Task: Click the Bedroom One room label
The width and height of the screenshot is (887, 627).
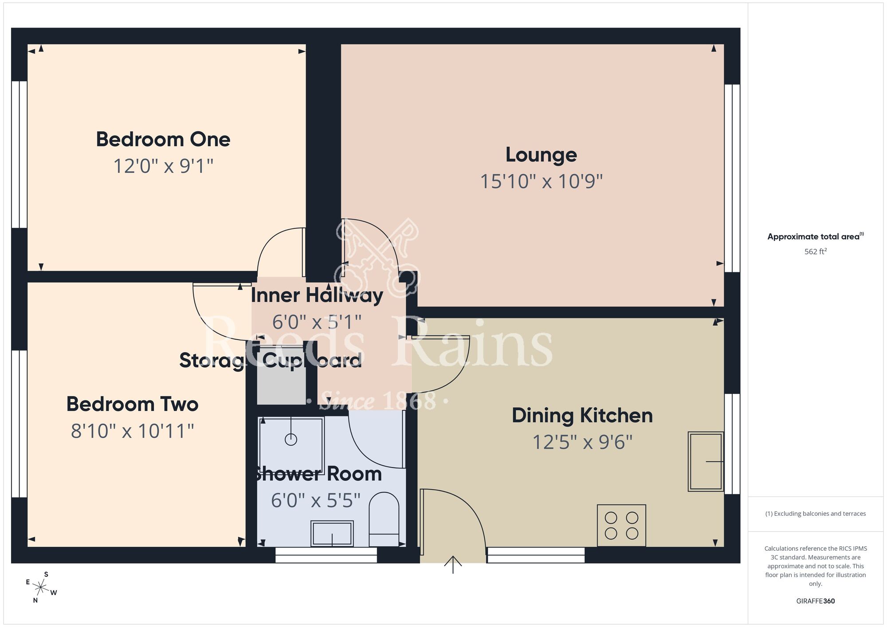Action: [163, 140]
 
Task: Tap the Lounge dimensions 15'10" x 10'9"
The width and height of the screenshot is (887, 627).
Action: [541, 181]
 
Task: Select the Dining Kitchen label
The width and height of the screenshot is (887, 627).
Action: [582, 416]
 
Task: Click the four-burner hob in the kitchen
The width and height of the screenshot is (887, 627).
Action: [621, 525]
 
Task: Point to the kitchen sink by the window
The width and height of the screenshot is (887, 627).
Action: [705, 461]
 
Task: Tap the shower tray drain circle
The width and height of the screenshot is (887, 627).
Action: [291, 439]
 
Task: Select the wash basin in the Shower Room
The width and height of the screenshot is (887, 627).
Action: [332, 533]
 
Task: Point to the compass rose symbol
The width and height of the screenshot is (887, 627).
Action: [41, 588]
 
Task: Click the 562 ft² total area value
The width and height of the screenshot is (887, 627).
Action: [815, 251]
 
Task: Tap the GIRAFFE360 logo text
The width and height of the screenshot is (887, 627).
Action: [815, 601]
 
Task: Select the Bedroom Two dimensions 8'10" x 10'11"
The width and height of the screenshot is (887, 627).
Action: [132, 431]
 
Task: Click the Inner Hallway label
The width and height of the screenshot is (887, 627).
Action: [317, 295]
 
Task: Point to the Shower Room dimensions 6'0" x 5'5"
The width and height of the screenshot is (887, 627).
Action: [315, 501]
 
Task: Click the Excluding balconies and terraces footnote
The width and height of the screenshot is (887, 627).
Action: [815, 513]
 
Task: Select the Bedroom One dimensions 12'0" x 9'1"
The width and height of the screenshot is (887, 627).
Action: [163, 166]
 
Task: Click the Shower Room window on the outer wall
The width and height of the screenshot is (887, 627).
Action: [326, 555]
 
